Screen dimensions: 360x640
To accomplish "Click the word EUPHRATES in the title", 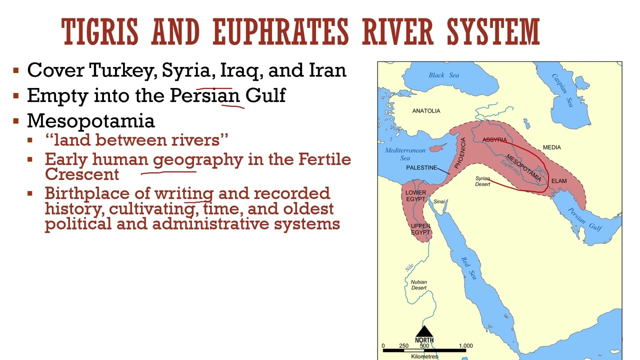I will [x=280, y=32].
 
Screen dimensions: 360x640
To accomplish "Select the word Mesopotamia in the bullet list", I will [x=91, y=120].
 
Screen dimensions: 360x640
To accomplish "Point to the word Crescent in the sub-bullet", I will [x=82, y=174].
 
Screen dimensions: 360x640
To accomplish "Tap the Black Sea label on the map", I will [x=443, y=75].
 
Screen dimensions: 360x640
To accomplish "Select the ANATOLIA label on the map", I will [x=426, y=111].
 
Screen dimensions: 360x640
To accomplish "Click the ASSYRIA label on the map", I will [x=494, y=140].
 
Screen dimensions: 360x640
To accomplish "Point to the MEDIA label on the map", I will [x=551, y=147].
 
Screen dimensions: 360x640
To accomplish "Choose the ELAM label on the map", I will [x=559, y=181].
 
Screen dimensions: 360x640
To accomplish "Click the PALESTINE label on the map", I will [x=421, y=168].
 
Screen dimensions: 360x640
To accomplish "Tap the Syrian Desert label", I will [x=482, y=181].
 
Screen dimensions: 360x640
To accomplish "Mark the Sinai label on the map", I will [x=439, y=202].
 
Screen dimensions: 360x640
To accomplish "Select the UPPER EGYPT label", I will [x=420, y=229].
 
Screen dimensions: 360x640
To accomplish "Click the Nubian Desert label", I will [x=419, y=285].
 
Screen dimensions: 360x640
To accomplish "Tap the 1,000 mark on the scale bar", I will [x=465, y=346].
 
